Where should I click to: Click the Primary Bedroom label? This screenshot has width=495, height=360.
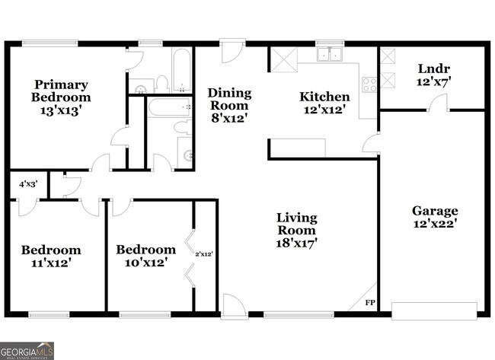[x=60, y=91]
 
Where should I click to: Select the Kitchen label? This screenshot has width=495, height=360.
[x=324, y=97]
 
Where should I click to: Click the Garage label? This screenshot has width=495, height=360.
[x=435, y=211]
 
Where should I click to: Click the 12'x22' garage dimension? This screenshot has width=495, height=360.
[x=435, y=225]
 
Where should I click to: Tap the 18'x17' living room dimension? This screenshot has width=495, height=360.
[x=296, y=243]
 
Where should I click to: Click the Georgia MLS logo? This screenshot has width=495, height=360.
[x=27, y=350]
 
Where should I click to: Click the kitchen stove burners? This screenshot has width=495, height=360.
[x=370, y=84]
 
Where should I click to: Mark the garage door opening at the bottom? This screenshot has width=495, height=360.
[x=434, y=311]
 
